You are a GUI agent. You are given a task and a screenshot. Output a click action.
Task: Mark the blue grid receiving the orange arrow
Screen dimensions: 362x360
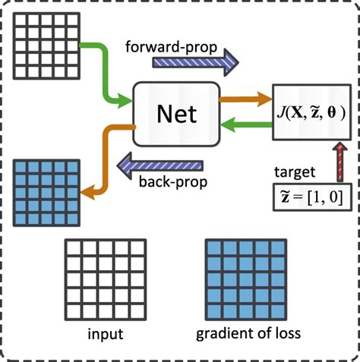46,191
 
